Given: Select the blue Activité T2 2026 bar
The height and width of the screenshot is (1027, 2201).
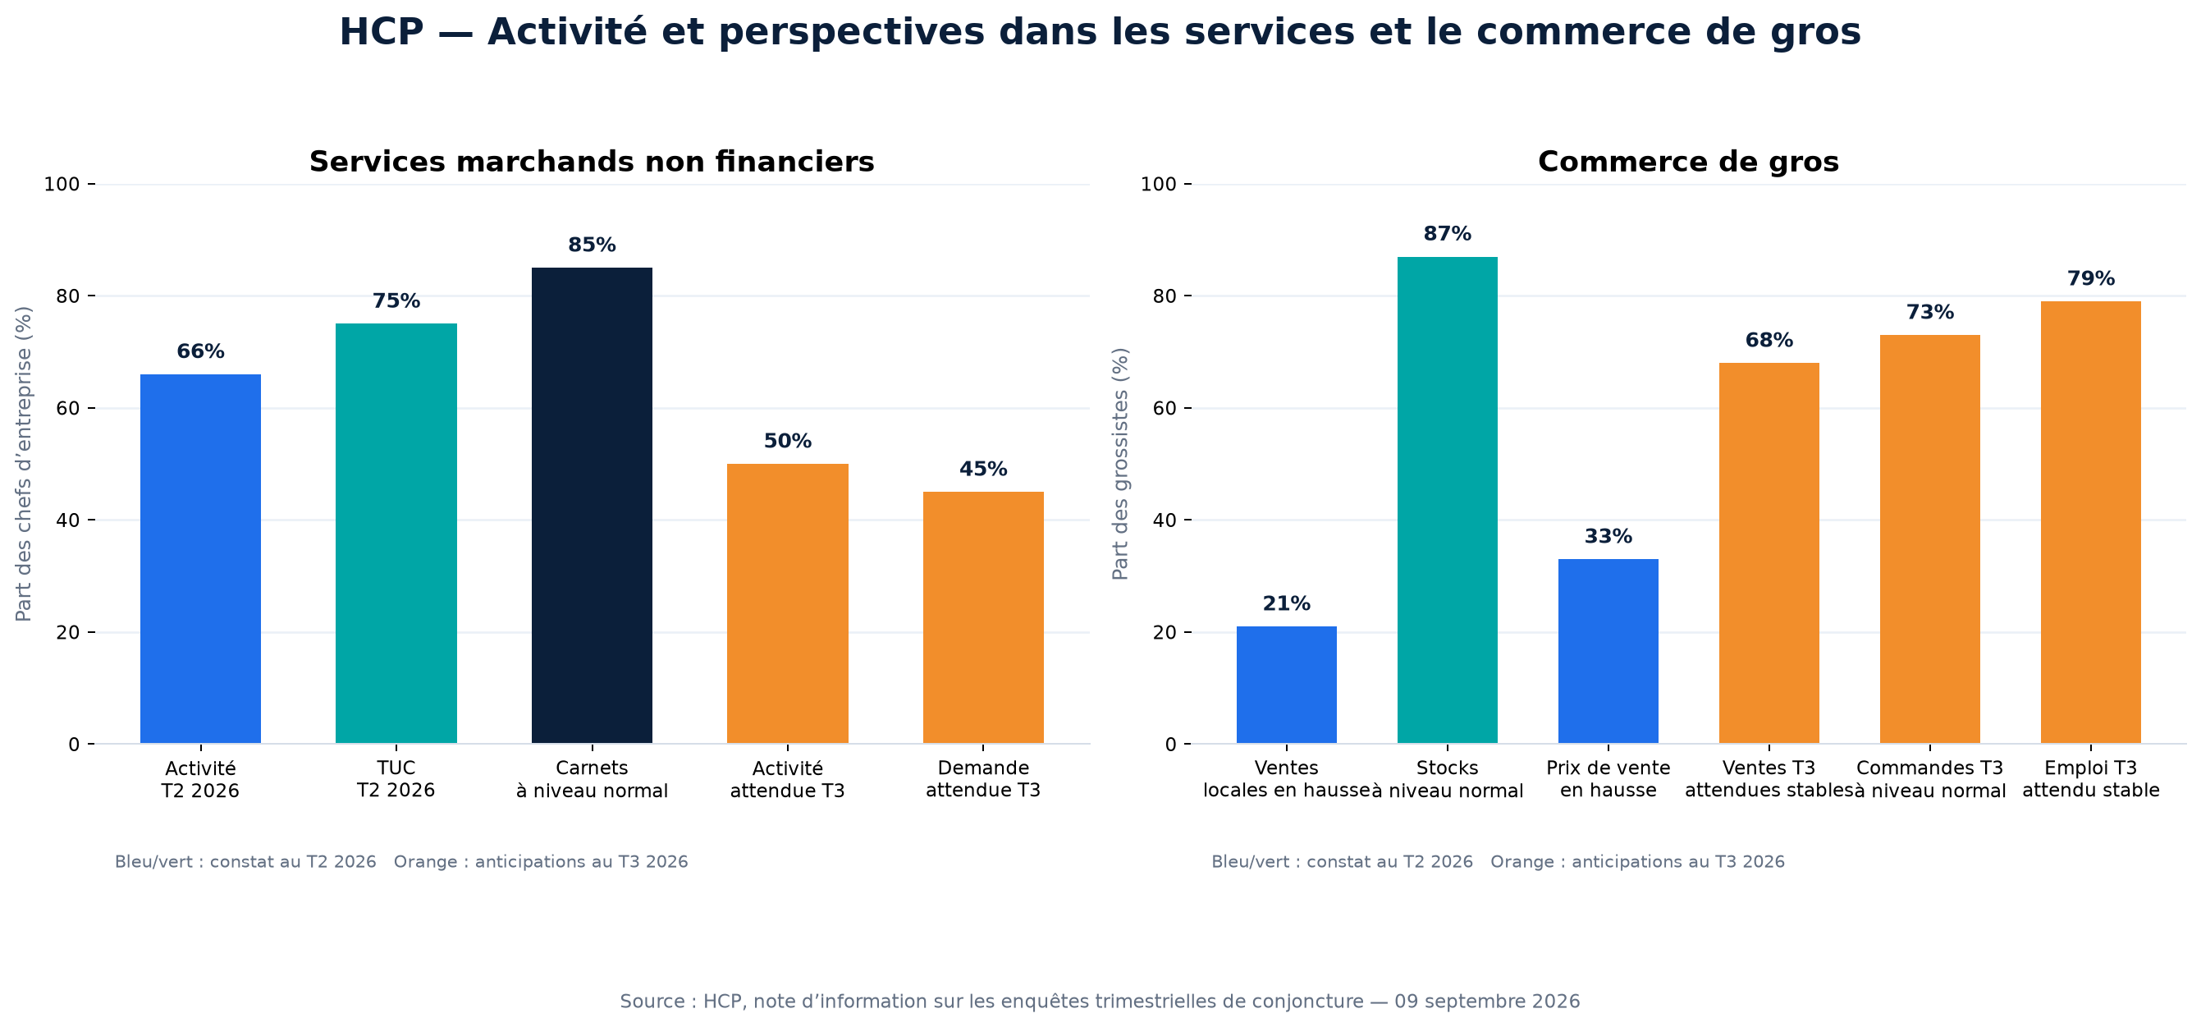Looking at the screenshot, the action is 200,559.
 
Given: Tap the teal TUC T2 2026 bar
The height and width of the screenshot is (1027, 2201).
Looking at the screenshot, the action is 396,533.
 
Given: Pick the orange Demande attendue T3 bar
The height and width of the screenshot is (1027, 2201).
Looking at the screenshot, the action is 982,617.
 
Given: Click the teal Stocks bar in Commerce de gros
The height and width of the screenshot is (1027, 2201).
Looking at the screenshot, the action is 1448,500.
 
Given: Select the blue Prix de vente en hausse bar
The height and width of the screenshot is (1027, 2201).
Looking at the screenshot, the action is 1608,651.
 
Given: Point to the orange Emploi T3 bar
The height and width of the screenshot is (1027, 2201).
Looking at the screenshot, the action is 2091,522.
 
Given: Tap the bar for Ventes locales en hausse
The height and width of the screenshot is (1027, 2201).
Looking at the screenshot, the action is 1287,685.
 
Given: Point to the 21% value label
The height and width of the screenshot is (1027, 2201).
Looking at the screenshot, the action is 1287,604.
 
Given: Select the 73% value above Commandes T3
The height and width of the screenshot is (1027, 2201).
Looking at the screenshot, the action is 1930,313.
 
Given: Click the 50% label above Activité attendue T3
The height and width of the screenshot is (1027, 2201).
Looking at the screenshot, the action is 787,442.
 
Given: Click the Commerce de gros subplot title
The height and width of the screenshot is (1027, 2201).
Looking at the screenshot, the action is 1688,162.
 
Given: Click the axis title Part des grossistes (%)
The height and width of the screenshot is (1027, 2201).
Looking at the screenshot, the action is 1120,464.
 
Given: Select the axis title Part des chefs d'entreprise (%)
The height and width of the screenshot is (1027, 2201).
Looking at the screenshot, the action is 24,464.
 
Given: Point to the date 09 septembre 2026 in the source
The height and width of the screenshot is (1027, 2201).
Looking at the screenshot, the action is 1487,1002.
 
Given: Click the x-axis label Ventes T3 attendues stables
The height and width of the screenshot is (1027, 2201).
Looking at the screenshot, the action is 1768,779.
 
